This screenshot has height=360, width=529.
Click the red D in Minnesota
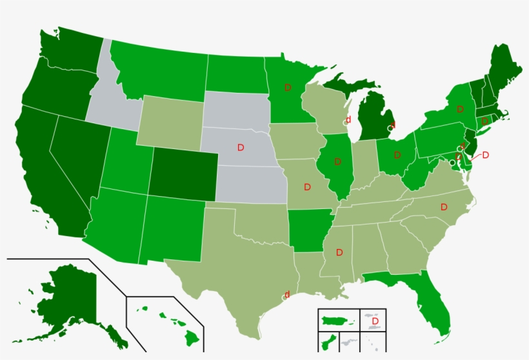[288, 87]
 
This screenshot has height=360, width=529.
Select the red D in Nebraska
[241, 148]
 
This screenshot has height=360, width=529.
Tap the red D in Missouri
[307, 187]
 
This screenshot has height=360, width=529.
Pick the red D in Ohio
[397, 155]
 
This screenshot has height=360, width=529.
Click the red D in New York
[460, 109]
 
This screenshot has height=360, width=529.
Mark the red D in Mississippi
[339, 252]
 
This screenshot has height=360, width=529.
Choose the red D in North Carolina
[444, 207]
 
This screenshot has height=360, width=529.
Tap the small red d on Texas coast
[287, 295]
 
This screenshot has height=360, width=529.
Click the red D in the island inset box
[374, 321]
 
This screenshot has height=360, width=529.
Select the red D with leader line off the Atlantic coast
[486, 155]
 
